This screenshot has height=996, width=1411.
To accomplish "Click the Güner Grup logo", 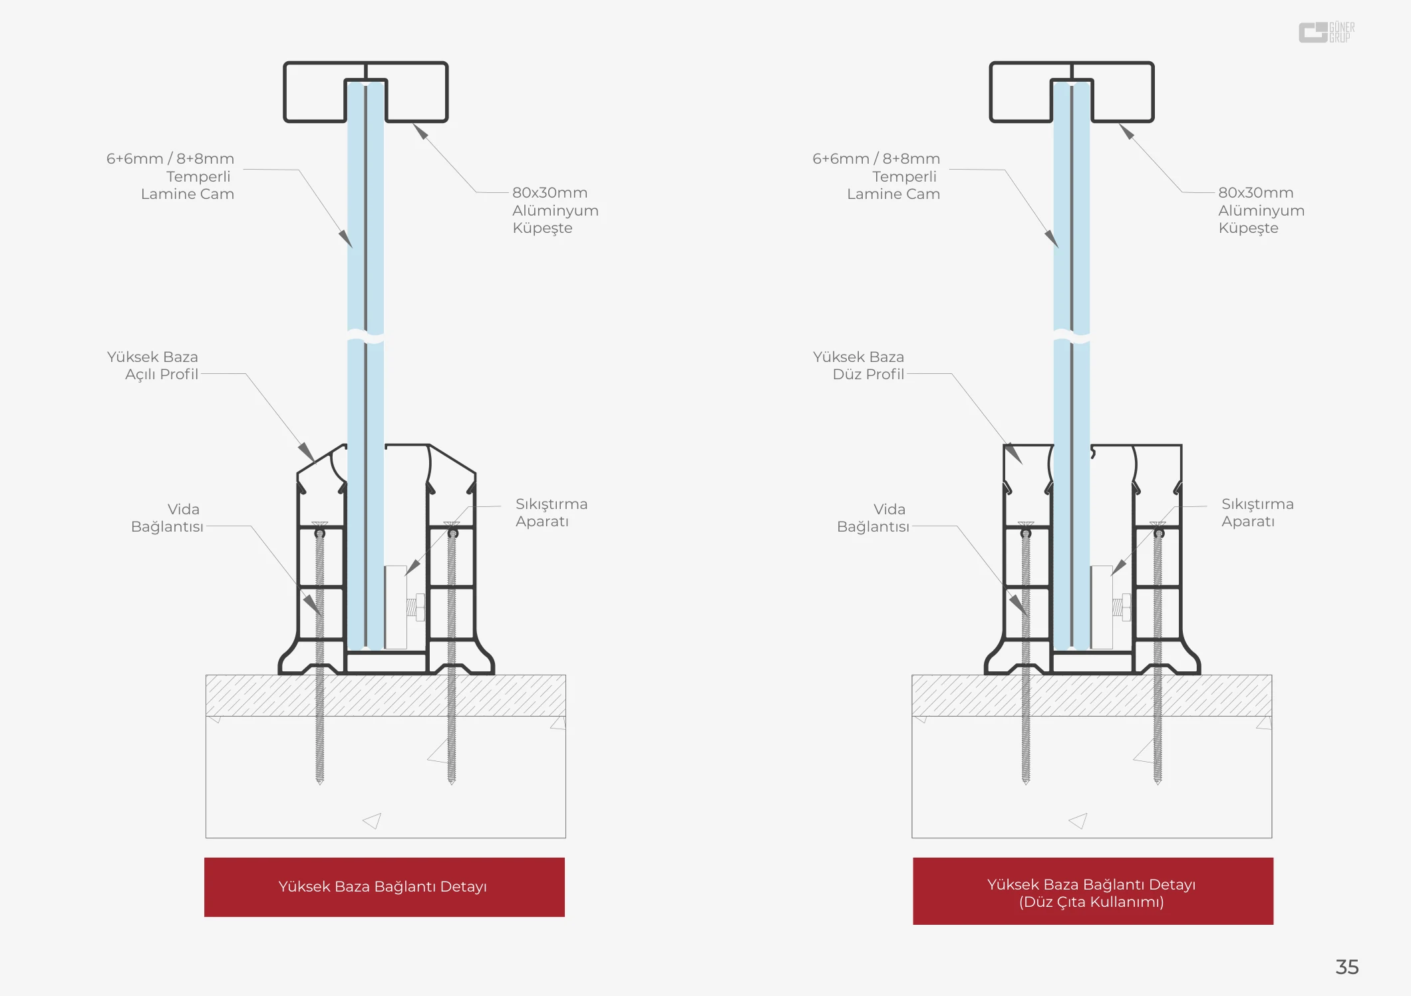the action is (x=1327, y=32).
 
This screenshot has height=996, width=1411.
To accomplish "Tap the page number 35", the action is (x=1347, y=967).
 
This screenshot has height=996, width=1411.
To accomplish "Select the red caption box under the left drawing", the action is (x=385, y=887).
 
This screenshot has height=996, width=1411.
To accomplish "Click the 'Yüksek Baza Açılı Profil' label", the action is (x=152, y=365).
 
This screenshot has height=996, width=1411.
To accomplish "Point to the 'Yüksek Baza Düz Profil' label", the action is (x=858, y=365).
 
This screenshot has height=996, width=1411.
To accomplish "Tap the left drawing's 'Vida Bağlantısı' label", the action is (x=167, y=518).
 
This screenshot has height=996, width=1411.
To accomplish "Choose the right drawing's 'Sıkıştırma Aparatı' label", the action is (x=1257, y=512).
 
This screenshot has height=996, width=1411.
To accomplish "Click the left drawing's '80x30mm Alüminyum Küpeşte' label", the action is (x=555, y=210).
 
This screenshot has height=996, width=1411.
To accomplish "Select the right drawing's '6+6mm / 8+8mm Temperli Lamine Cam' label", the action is (x=876, y=176).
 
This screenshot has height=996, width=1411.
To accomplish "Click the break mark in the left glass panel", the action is (x=365, y=335).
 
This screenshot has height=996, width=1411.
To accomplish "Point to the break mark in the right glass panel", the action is (x=1071, y=335).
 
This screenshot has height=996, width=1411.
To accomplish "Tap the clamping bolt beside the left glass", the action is (x=416, y=607).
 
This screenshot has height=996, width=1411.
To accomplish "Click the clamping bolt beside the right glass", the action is (x=1122, y=607).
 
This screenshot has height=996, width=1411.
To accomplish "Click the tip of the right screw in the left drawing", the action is (x=452, y=783).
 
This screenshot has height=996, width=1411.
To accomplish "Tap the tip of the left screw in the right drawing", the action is (x=1026, y=783).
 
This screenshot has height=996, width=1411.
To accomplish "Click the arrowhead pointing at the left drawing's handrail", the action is (x=420, y=131).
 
